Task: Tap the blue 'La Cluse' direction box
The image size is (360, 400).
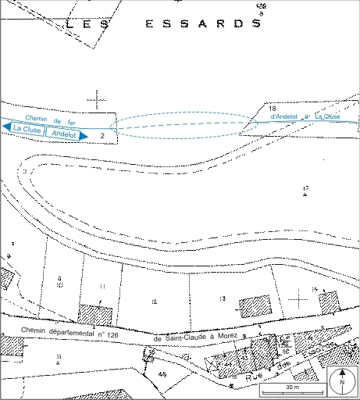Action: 27,128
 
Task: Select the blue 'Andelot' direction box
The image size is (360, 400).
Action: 62,134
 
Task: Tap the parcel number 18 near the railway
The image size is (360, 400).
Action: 272,108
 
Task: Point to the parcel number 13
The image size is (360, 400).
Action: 223,298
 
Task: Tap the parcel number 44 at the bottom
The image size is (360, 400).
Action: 162,374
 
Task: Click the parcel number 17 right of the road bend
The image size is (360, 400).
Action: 306,188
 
